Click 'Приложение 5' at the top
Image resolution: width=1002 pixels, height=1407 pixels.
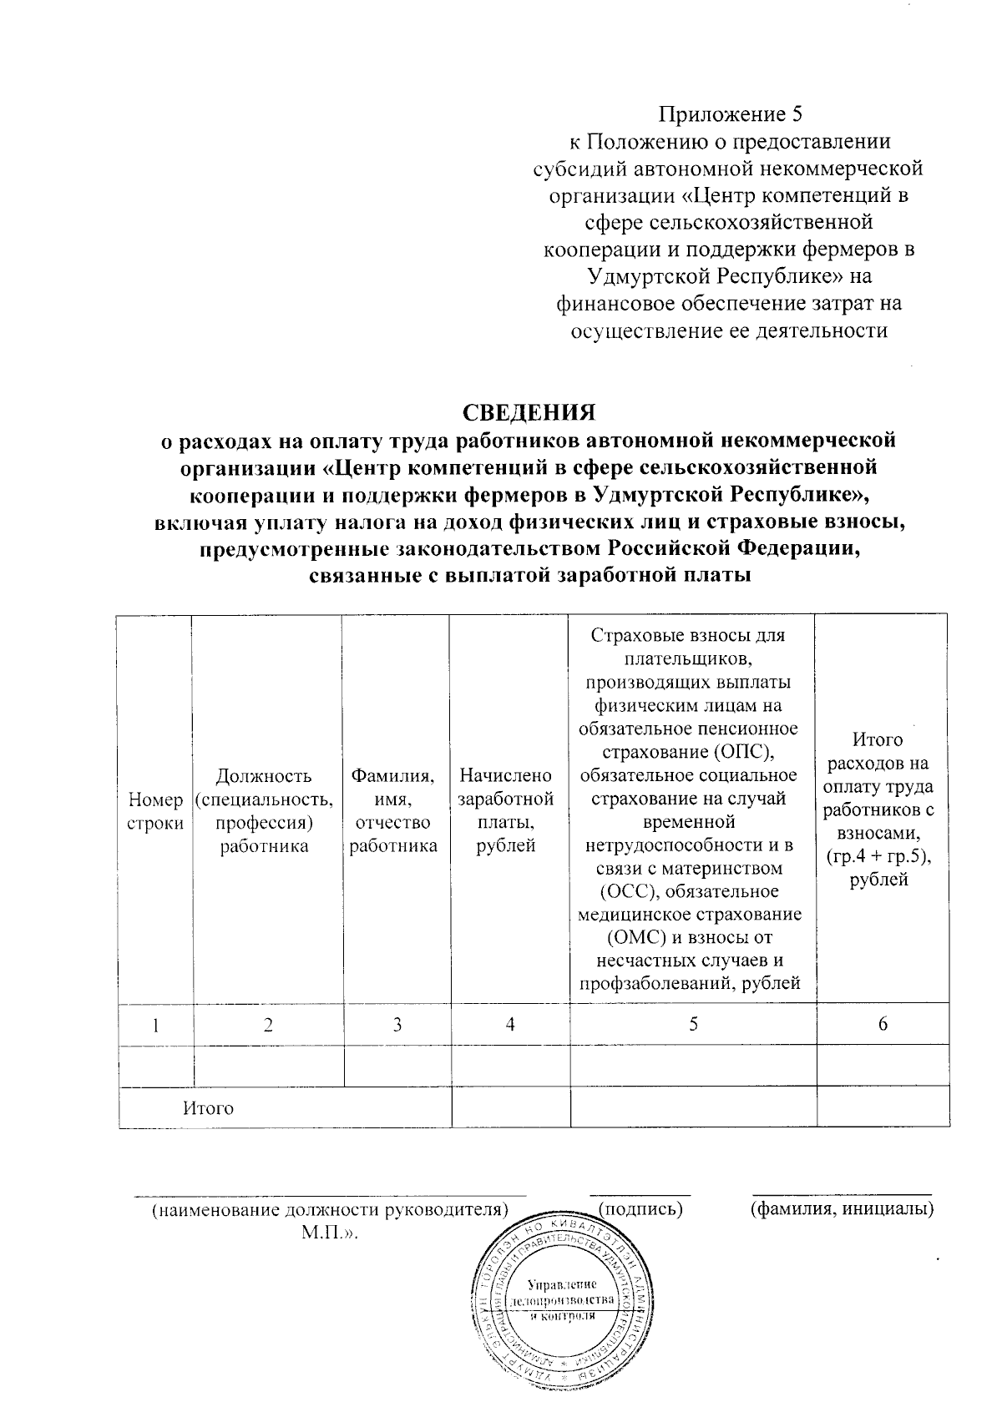731,113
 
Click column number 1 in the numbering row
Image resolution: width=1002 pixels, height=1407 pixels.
155,1025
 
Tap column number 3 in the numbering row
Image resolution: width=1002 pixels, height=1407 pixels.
397,1025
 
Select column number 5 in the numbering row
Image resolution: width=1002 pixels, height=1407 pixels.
693,1025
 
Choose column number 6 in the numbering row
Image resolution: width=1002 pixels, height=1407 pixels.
883,1025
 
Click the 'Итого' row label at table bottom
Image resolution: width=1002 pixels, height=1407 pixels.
209,1108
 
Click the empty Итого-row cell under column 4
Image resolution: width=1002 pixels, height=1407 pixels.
510,1108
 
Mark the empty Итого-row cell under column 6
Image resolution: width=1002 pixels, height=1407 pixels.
883,1108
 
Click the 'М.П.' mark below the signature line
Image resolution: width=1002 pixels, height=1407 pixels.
330,1232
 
